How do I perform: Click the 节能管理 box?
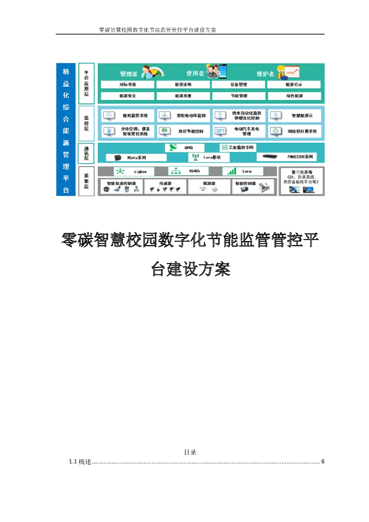(x=239, y=95)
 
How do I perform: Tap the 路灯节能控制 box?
(x=183, y=131)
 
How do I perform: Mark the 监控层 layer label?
(x=86, y=123)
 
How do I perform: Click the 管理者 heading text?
(x=128, y=73)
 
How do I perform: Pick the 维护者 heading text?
(x=265, y=73)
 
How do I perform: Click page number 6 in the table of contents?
(x=323, y=462)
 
